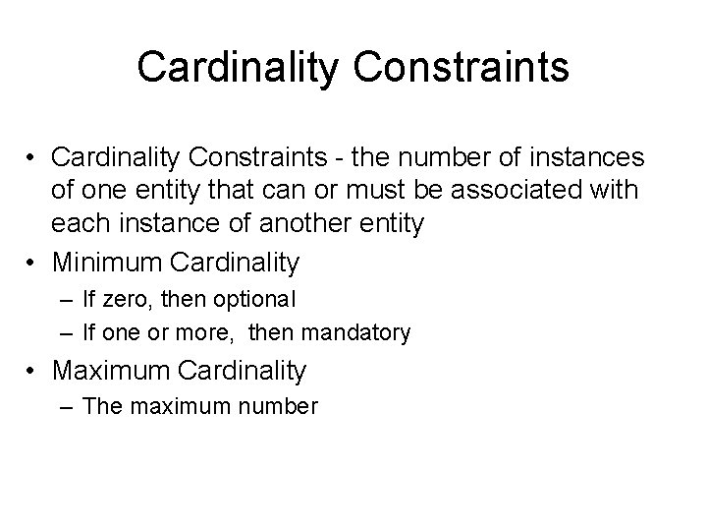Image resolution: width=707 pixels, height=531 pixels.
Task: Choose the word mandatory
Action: point(355,332)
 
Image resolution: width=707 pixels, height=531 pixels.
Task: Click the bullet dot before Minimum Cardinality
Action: point(33,263)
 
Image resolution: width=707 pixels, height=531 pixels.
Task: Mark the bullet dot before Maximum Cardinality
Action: point(33,371)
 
